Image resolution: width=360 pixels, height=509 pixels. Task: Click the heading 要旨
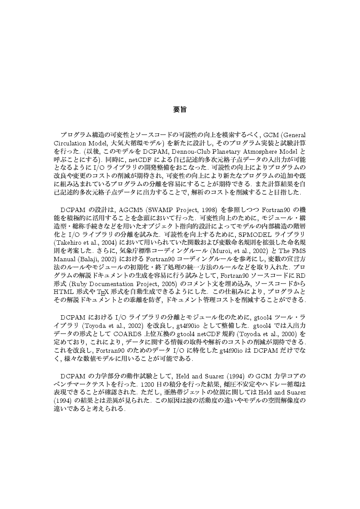pyautogui.click(x=180, y=109)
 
